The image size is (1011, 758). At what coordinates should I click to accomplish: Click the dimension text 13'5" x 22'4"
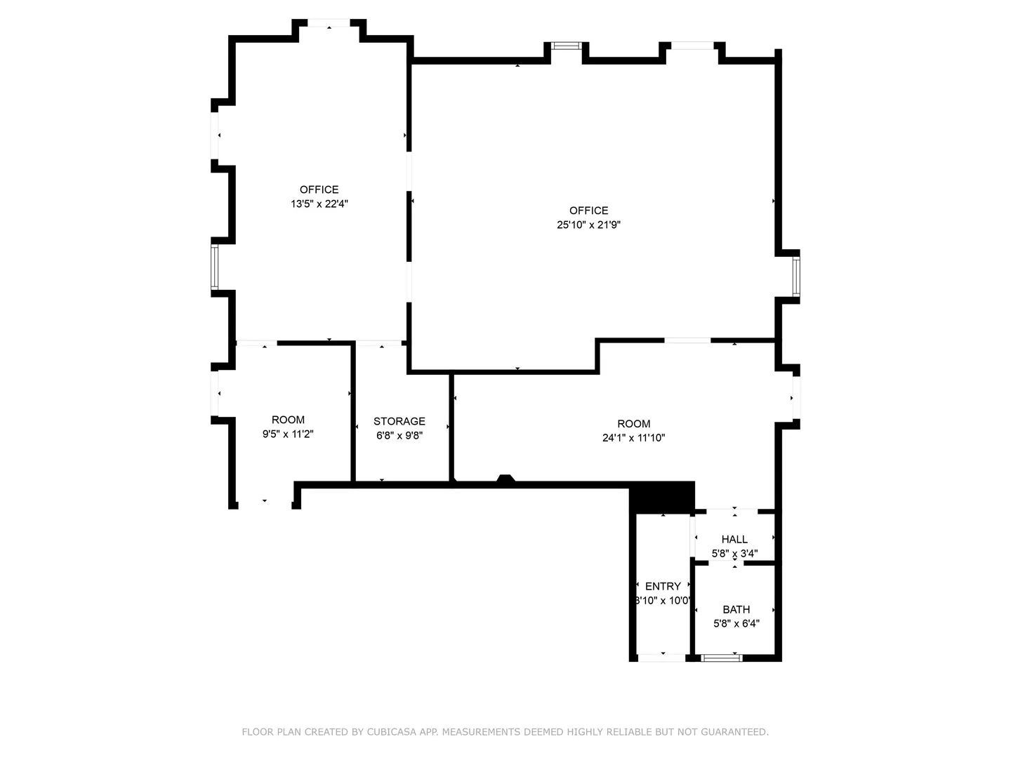coord(319,204)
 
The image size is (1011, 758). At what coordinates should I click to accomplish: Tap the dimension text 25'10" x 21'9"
coord(588,225)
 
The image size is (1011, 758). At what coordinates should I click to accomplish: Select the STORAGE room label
coord(399,421)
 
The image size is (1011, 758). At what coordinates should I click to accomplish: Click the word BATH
coord(736,609)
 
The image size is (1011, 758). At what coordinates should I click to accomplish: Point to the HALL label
coord(734,539)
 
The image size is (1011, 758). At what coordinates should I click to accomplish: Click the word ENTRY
coord(662,586)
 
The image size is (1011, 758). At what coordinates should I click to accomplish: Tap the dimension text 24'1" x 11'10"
coord(633,438)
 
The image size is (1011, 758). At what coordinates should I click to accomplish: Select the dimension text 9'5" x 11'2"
coord(288,434)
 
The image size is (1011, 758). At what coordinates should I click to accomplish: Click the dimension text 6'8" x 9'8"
coord(399,435)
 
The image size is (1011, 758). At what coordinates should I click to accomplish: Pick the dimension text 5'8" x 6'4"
coord(736,624)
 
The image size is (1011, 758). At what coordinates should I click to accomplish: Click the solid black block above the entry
coord(662,497)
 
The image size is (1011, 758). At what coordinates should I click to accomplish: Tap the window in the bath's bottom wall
coord(721,658)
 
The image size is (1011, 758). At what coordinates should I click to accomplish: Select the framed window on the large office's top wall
coord(566,46)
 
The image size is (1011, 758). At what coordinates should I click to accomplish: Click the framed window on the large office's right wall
coord(796,276)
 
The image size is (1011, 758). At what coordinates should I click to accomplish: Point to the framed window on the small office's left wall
coord(215,267)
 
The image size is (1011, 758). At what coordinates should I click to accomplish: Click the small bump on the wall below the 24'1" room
coord(505,478)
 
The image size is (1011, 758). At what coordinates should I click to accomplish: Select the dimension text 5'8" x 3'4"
coord(734,553)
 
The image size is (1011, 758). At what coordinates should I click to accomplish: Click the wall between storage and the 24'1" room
coord(451,427)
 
